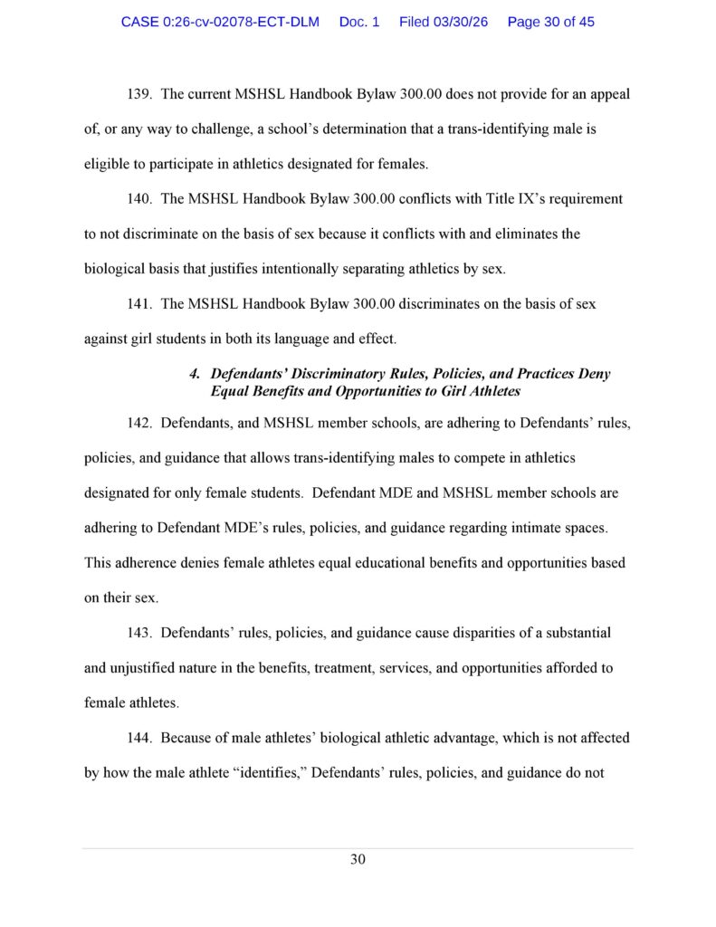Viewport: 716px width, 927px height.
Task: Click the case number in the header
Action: (220, 22)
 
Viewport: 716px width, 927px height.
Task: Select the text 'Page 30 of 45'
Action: (551, 22)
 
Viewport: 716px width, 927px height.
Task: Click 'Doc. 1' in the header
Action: (359, 22)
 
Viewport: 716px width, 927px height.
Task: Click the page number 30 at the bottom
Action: (358, 859)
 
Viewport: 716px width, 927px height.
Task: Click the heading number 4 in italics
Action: (194, 374)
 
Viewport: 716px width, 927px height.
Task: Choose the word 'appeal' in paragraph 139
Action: (608, 94)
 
